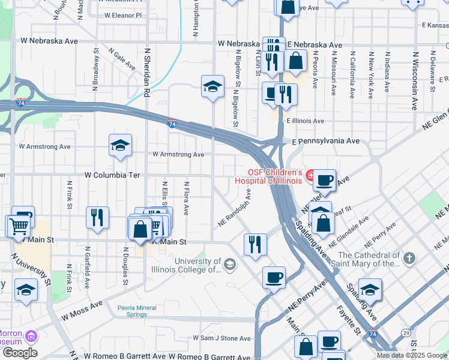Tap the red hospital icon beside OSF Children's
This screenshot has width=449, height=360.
310,175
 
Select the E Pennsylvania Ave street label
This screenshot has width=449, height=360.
325,141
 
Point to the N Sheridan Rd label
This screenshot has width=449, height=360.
147,73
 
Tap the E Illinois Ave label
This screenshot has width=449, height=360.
305,121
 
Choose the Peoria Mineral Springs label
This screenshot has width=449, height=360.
137,311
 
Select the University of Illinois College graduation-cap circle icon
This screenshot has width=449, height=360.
229,264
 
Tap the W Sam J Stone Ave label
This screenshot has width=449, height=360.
224,338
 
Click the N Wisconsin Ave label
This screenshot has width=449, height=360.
414,80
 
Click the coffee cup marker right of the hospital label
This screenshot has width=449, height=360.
325,180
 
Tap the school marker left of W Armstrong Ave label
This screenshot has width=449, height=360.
120,146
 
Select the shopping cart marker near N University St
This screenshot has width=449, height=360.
19,227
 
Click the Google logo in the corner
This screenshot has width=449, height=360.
20,352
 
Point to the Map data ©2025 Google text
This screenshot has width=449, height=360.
411,355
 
